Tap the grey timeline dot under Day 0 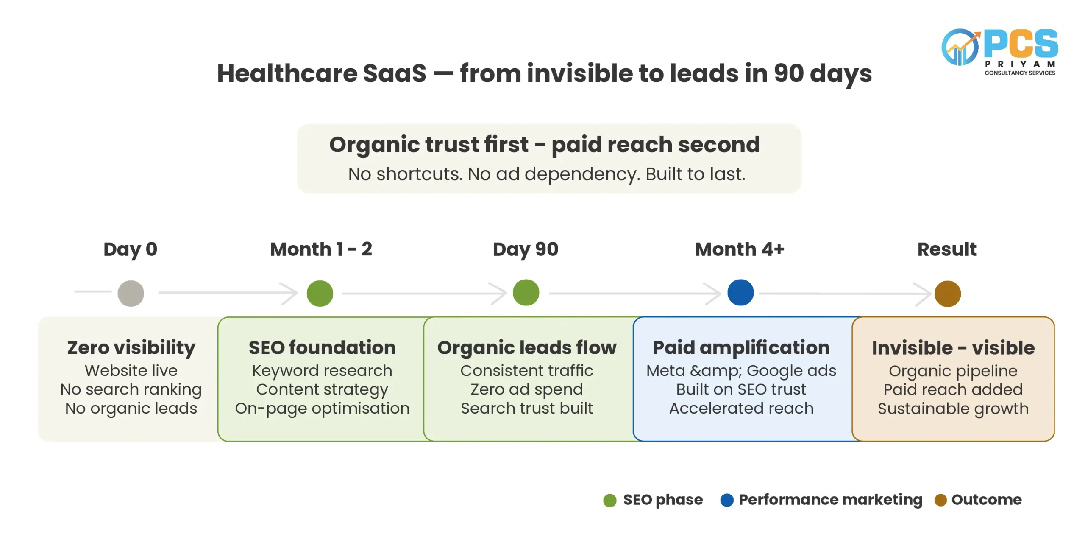(131, 294)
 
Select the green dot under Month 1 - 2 (320, 294)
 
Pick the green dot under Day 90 (526, 293)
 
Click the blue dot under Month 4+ (740, 293)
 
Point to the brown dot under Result (948, 294)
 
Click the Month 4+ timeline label (740, 249)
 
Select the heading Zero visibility (131, 348)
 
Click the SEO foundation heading (322, 348)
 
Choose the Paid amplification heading (741, 348)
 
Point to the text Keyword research (322, 371)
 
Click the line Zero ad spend (527, 389)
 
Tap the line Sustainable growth (953, 409)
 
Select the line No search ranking (131, 390)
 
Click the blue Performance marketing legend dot (727, 500)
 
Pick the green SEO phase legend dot (609, 500)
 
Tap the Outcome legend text (987, 500)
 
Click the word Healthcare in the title (287, 73)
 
